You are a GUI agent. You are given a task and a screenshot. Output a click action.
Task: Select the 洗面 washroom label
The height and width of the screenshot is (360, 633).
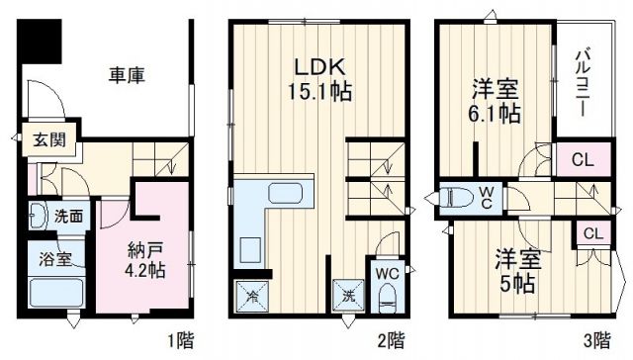pos(68,216)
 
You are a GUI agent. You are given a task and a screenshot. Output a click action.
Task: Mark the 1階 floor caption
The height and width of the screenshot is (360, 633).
pos(179,342)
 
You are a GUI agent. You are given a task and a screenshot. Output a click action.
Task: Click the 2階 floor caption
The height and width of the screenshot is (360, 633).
pos(390,342)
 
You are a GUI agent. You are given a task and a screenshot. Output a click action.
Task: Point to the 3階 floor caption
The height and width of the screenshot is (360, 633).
pos(596,342)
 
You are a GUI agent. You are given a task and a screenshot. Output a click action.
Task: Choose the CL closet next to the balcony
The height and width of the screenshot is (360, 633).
pos(580,158)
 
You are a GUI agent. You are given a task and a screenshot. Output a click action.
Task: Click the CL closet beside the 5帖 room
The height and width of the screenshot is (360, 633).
pos(591,233)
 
